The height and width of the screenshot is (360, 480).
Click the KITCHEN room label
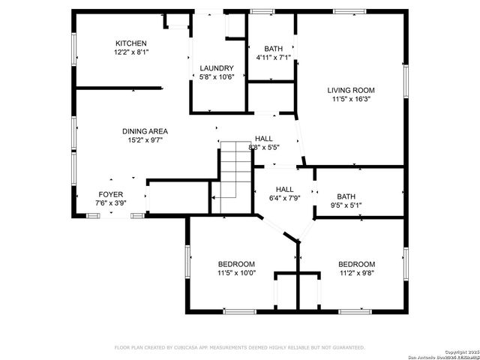[130, 43]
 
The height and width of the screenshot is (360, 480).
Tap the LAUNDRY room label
[217, 67]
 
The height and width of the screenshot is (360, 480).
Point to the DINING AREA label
[145, 131]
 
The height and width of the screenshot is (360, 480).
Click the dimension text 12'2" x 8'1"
[130, 53]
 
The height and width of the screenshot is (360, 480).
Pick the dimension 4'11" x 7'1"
[273, 58]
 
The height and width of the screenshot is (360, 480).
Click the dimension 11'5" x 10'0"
[236, 274]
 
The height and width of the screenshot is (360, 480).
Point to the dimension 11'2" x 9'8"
[356, 274]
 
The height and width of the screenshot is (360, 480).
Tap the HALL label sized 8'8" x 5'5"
[263, 139]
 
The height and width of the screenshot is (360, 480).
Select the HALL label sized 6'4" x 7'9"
[284, 189]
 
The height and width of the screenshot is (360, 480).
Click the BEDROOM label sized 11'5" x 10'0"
[236, 264]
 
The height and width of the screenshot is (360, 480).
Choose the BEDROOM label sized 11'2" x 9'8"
[356, 264]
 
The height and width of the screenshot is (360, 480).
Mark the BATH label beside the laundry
[273, 49]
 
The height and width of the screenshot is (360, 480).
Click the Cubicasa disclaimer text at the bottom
[239, 347]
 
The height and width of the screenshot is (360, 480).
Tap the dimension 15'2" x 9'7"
[145, 140]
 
